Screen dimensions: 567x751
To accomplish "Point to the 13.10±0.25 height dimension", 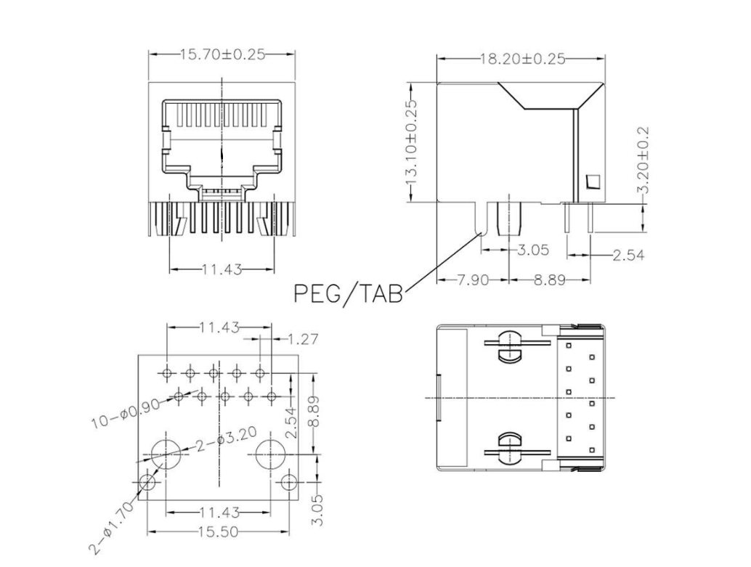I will click(x=411, y=142).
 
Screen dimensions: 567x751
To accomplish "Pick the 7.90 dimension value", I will click(x=474, y=280).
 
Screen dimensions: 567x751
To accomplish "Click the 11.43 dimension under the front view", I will click(x=222, y=269).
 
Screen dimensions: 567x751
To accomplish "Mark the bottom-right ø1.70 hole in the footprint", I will click(x=289, y=482).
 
